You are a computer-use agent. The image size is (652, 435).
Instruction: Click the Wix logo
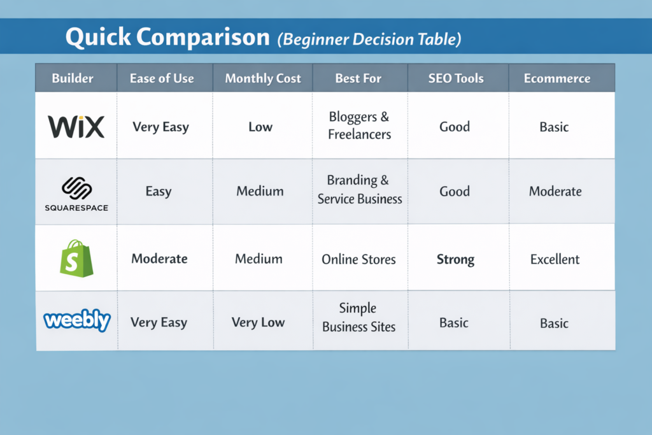(76, 127)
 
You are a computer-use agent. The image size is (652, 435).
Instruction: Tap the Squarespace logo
(76, 194)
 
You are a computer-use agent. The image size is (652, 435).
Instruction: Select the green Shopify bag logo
(76, 258)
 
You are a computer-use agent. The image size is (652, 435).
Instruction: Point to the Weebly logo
(77, 320)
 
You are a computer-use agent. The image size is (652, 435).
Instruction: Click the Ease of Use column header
(162, 79)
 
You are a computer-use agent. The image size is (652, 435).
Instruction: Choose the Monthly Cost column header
(263, 79)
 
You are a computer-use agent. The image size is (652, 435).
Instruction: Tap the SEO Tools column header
(456, 79)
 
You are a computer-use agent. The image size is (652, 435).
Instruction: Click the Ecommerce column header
(556, 79)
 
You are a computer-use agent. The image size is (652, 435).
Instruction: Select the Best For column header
(358, 79)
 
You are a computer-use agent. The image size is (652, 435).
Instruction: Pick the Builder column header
(73, 79)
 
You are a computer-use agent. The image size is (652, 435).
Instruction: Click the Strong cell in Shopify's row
(455, 259)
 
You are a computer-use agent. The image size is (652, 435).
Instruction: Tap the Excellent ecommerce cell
(555, 259)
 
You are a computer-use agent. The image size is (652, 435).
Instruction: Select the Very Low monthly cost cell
(258, 322)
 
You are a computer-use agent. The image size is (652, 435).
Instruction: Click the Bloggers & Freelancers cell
(359, 125)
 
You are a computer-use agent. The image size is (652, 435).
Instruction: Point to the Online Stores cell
(358, 259)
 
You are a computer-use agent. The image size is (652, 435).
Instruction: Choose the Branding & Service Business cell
(360, 190)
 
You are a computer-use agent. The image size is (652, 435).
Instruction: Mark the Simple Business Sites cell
(358, 318)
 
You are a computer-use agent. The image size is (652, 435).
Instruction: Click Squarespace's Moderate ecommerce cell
(555, 191)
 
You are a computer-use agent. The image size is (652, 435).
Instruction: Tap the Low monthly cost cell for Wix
(260, 127)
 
